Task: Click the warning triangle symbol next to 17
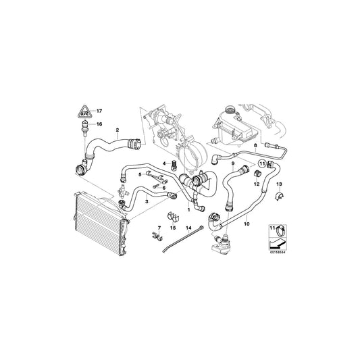click(x=84, y=111)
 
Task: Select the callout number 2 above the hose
click(x=118, y=130)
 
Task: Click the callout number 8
click(x=255, y=146)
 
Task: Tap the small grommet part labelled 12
click(x=257, y=172)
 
